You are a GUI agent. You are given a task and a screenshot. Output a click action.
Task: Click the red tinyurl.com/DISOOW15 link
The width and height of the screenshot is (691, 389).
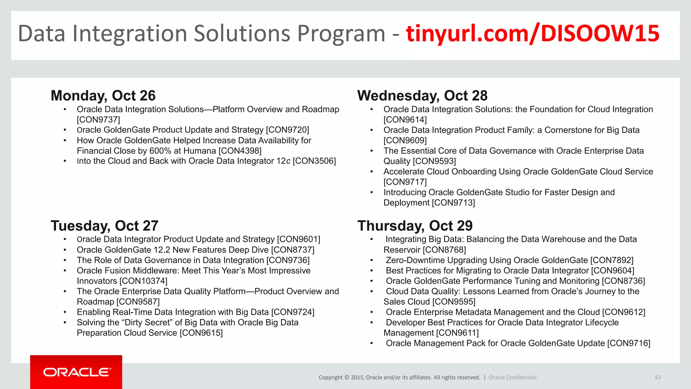pos(532,34)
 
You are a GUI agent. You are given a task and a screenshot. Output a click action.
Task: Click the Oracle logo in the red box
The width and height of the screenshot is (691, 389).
pos(77,372)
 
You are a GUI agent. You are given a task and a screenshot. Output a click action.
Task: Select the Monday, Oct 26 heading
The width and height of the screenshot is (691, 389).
pos(103,96)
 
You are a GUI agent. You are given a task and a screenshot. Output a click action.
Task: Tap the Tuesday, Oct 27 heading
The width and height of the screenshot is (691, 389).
pos(104,226)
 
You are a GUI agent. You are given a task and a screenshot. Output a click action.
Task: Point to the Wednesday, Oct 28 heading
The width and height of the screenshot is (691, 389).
pos(422,96)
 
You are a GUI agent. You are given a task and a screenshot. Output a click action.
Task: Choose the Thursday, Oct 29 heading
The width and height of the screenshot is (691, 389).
pos(415,226)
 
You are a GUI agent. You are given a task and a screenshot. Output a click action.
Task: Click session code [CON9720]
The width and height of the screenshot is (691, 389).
pos(287,130)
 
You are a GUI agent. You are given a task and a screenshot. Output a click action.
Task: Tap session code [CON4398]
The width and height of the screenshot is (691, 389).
pos(240,151)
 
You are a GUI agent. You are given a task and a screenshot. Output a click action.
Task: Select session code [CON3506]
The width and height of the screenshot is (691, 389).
pos(314,161)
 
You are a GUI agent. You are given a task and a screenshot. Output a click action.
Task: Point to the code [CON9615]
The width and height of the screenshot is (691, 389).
pos(201,333)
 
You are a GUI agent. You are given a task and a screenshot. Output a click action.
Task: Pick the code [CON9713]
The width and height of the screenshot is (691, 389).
pos(453,203)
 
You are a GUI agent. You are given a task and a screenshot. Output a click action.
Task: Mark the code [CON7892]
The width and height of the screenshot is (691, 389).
pos(612,260)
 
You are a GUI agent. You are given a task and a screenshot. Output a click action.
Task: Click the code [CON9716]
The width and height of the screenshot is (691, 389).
pos(629,343)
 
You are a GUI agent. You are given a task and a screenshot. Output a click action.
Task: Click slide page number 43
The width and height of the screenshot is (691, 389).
pos(657,378)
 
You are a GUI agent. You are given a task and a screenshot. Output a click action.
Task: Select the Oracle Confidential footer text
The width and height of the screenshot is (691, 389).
pos(512,378)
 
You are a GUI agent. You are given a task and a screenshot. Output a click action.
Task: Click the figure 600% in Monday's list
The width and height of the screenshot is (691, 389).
pos(160,151)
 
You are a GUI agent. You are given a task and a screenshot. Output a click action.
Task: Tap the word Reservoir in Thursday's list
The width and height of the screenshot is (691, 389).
pos(402,250)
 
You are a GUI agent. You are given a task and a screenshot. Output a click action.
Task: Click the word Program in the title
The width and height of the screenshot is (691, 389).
pos(341,34)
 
